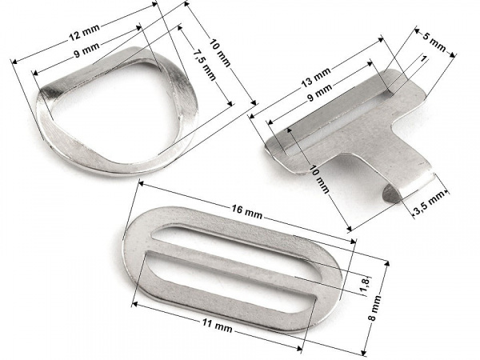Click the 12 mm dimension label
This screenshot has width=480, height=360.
tap(85, 32)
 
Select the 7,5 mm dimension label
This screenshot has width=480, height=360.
tap(204, 65)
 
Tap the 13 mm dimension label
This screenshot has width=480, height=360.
tap(316, 77)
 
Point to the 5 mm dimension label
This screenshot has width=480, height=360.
tap(434, 42)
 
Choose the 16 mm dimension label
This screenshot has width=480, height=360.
tap(246, 211)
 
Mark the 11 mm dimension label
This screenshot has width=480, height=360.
tap(217, 326)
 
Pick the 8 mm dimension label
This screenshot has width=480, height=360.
tap(374, 308)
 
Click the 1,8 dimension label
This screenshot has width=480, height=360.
tap(366, 285)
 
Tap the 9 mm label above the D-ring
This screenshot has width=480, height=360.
tap(87, 50)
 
